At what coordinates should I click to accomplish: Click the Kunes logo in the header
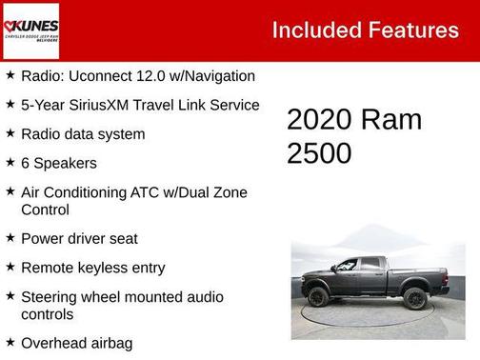pos(30,30)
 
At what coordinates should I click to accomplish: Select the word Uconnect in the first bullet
pos(102,75)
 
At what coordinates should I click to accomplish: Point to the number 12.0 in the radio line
pos(158,75)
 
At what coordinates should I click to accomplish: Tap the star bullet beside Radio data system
pos(10,133)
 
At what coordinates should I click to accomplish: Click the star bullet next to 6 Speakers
pos(10,163)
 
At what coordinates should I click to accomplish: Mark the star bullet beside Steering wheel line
pos(10,296)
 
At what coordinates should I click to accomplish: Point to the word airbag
pos(111,343)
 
